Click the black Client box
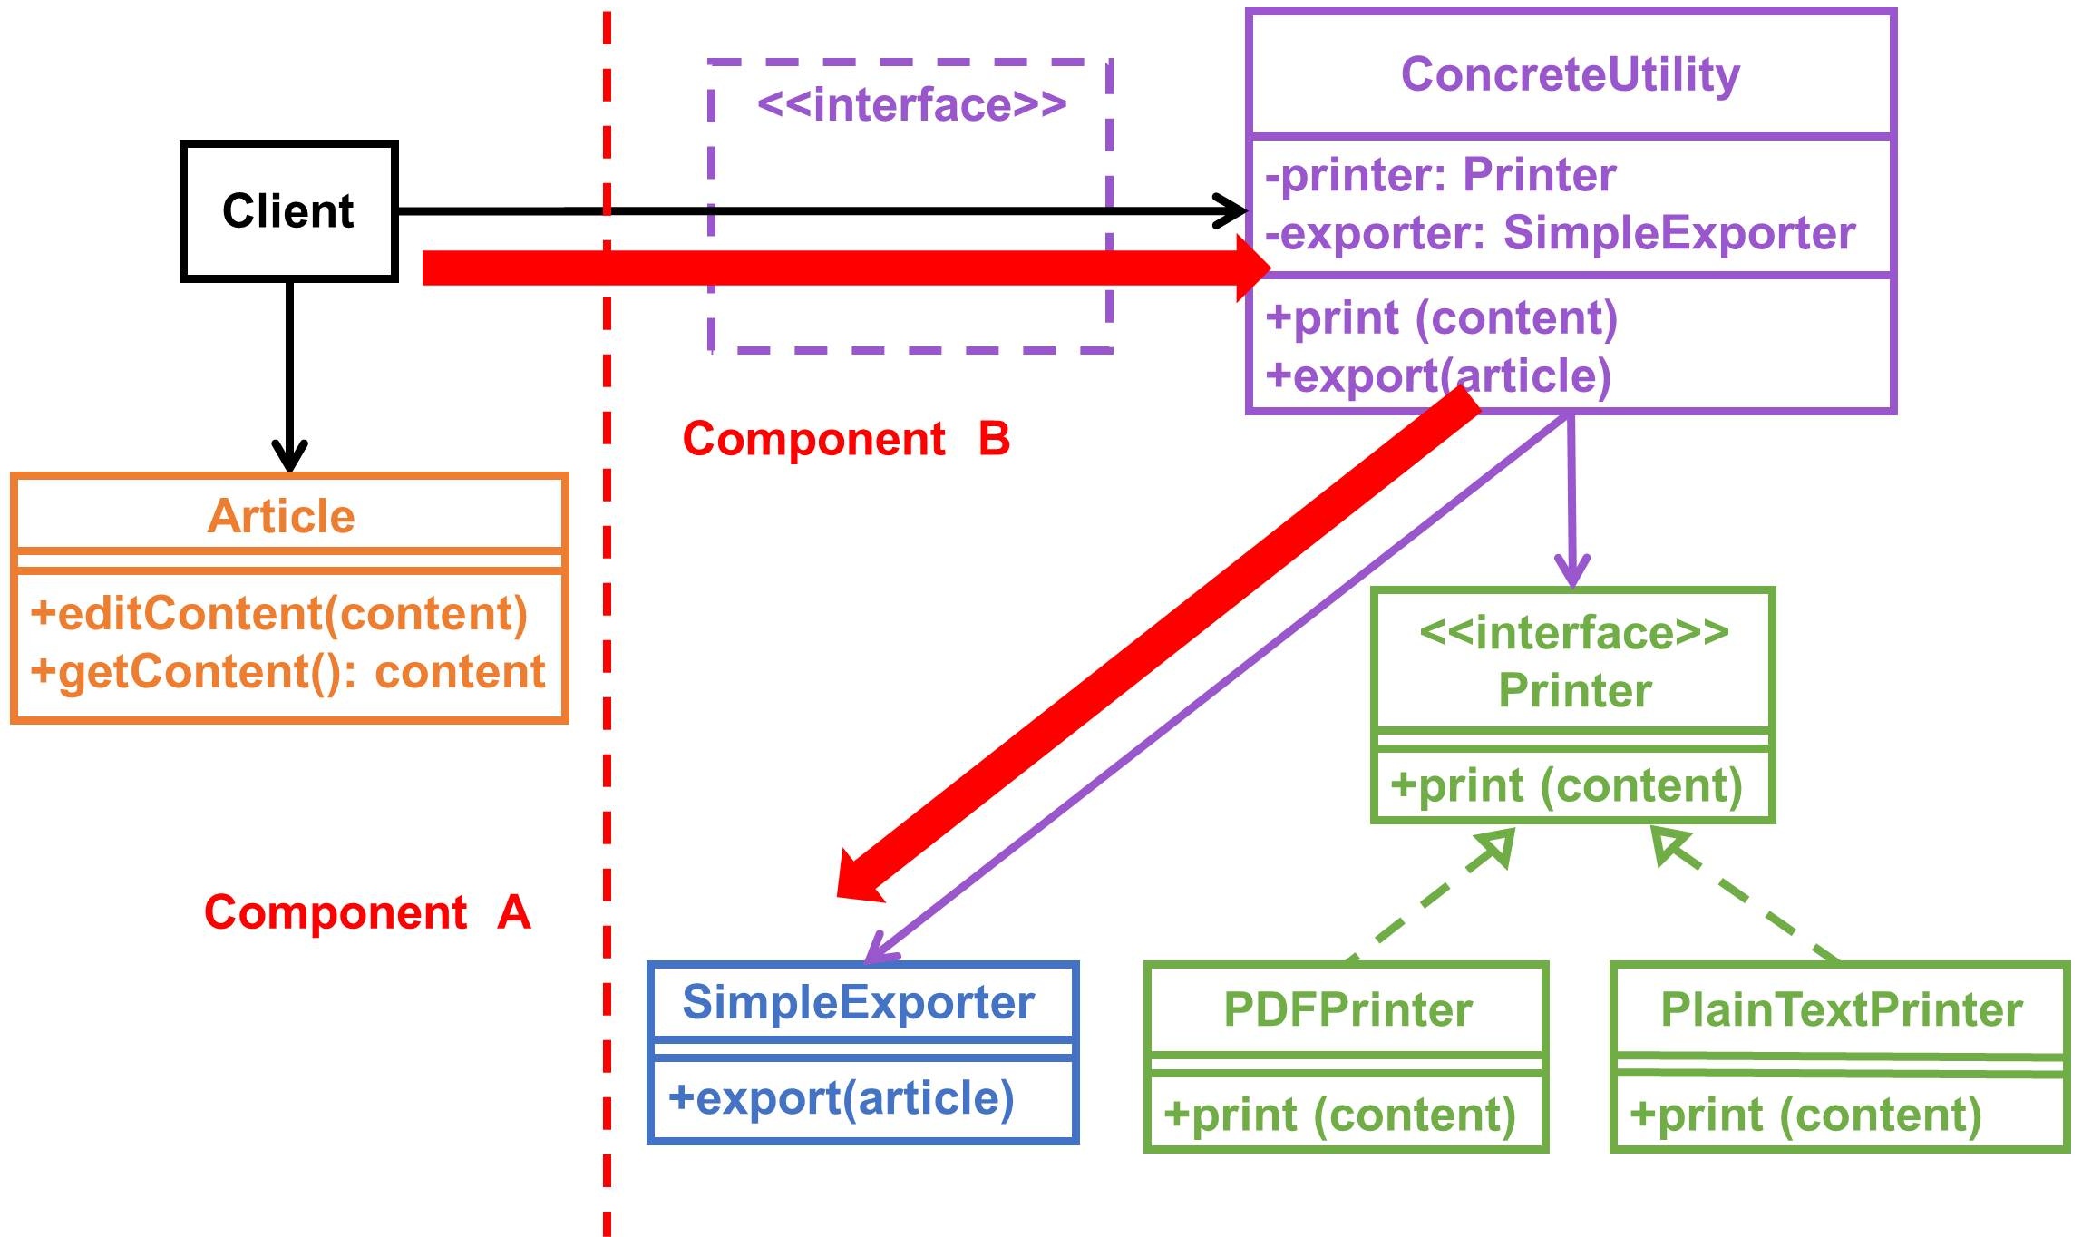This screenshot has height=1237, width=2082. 288,211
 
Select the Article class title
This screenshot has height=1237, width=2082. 281,516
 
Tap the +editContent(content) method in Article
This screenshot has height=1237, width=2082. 278,614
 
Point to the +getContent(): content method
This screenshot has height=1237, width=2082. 287,672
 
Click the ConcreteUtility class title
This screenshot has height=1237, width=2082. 1570,74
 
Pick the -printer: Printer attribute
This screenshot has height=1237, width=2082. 1440,175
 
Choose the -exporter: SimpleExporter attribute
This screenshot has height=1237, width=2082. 1560,233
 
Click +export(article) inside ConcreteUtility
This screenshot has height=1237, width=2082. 1438,375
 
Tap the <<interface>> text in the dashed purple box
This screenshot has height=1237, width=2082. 911,105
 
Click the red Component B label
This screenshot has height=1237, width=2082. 846,439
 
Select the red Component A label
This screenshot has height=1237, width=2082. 367,912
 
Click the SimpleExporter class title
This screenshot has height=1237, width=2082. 858,1002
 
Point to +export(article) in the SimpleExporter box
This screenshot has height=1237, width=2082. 841,1098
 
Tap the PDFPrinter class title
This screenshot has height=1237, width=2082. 1347,1009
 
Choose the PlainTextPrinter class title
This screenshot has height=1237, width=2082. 1841,1009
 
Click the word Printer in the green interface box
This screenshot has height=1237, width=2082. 1574,690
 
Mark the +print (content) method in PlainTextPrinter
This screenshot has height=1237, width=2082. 1805,1115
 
